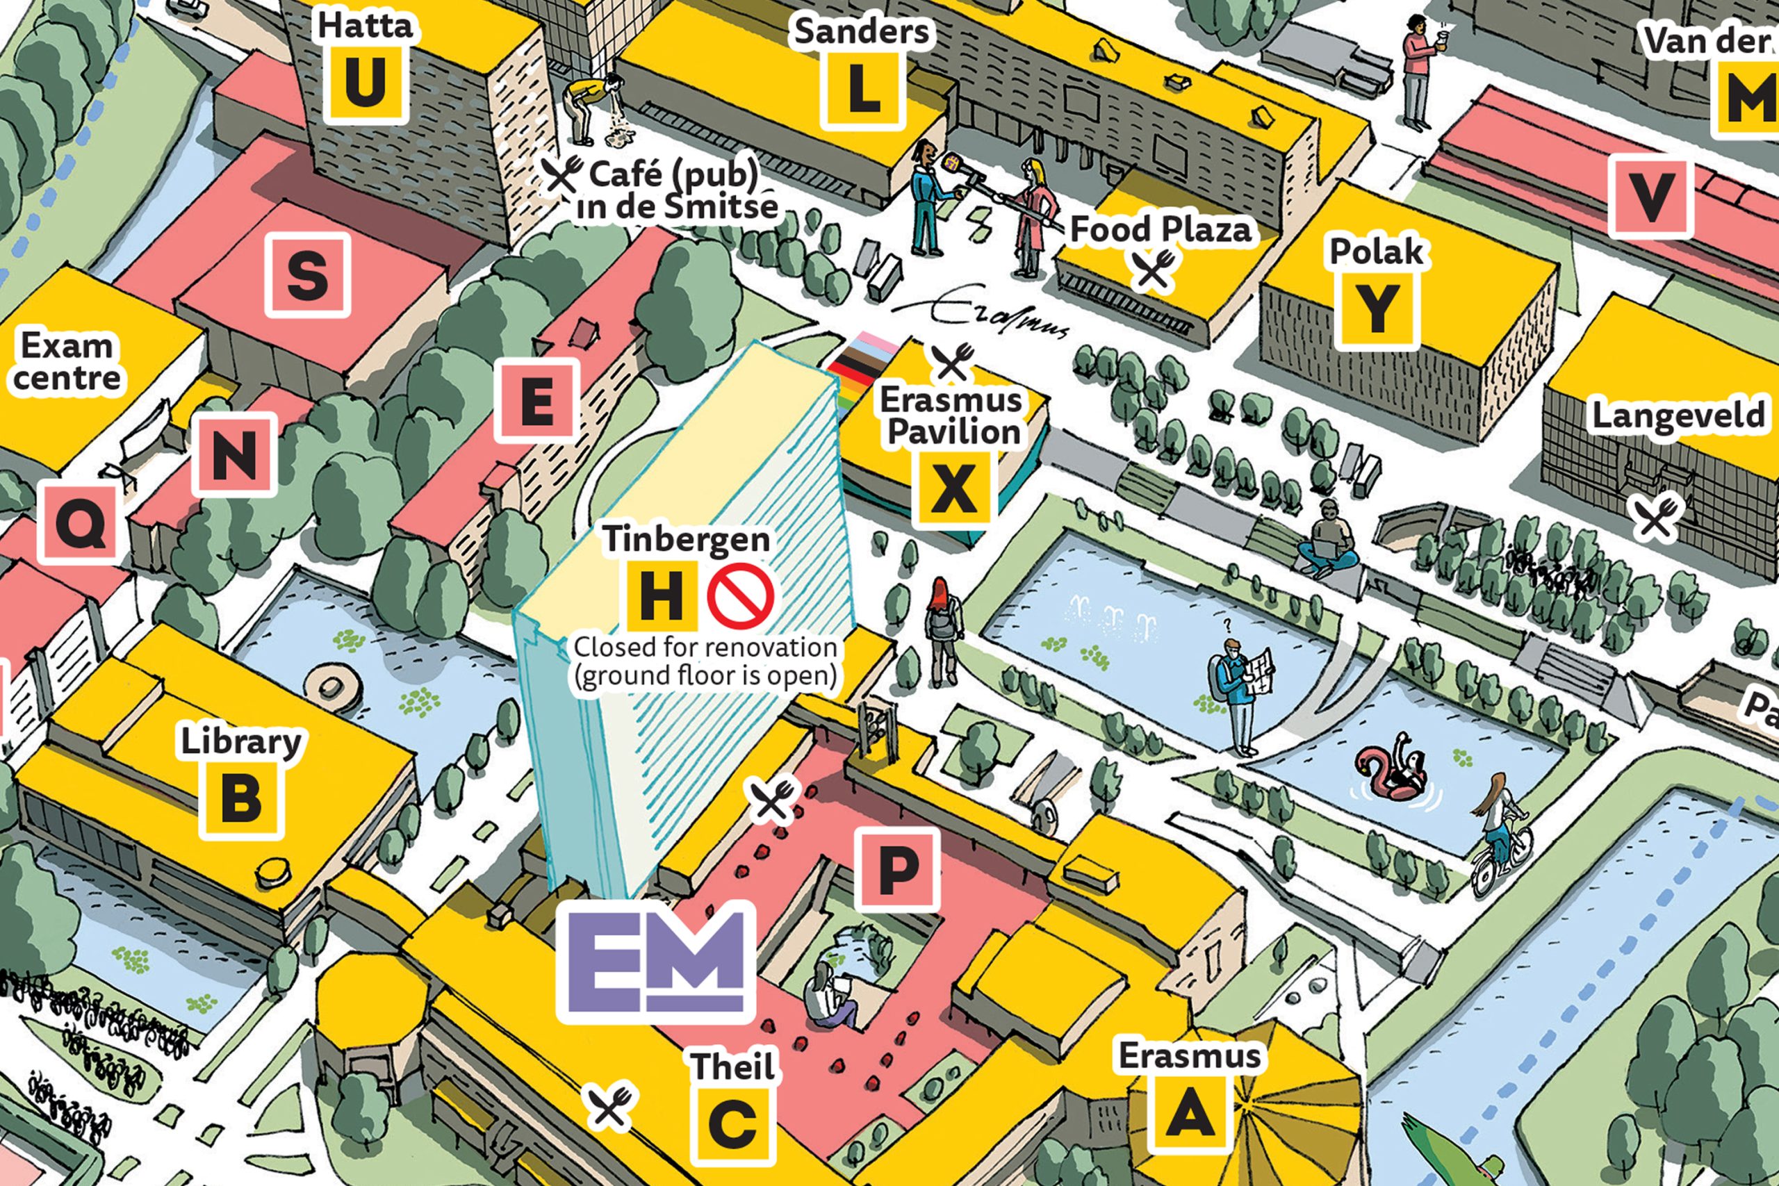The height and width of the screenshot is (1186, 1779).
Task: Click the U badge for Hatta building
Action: tap(366, 84)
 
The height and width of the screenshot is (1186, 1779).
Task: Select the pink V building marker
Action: tap(1650, 197)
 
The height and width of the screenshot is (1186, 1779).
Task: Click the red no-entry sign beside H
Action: tap(741, 595)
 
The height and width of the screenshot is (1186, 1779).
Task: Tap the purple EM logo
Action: tap(656, 962)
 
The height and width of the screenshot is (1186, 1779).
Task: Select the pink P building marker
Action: tap(898, 869)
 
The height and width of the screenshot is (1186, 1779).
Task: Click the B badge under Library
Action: tap(241, 800)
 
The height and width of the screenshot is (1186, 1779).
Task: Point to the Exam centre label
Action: tap(67, 361)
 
